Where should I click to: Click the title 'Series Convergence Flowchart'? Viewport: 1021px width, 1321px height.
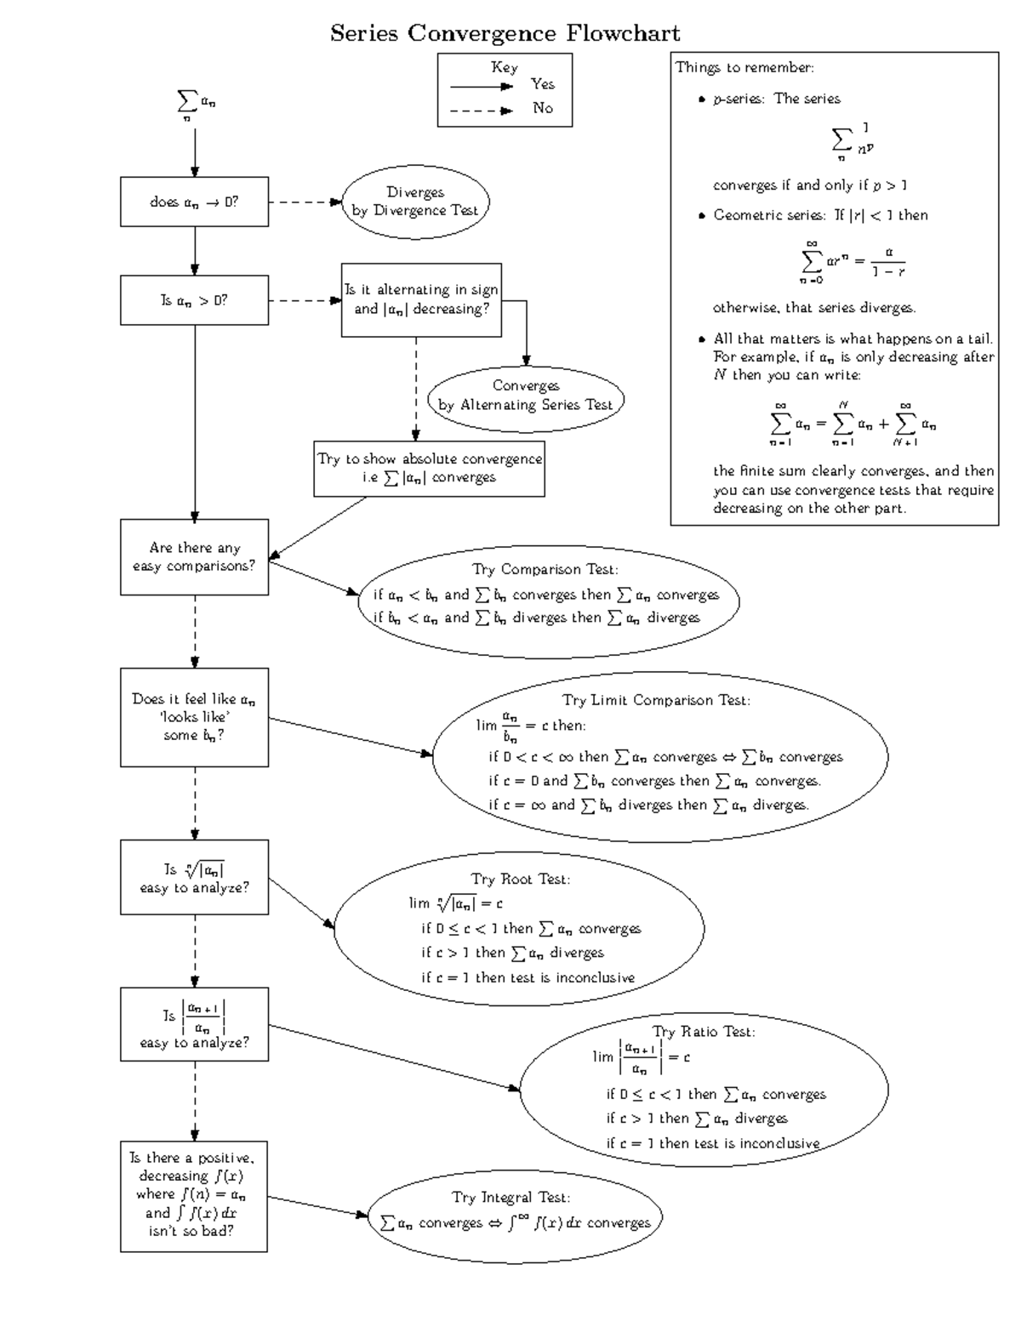point(505,34)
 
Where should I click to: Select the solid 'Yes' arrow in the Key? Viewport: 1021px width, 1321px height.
point(482,87)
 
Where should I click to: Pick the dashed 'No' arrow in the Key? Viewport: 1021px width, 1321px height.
point(482,111)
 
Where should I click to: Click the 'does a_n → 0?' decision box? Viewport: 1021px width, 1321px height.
point(194,202)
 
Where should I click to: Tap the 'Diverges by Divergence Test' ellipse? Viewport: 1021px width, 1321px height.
point(415,202)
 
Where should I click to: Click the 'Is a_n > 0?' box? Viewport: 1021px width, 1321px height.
point(194,300)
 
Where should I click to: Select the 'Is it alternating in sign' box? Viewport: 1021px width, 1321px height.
point(421,299)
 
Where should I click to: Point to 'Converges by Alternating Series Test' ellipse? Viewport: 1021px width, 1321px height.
point(526,396)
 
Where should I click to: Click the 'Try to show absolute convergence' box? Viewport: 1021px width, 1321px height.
point(429,468)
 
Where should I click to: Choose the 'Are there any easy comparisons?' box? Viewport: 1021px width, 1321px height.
point(194,557)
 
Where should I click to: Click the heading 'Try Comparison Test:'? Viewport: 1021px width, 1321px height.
point(545,569)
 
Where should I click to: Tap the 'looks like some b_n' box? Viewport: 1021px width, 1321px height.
point(194,717)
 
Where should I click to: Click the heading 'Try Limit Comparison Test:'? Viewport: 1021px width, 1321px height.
point(656,700)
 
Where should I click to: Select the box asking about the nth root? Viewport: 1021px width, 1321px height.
point(194,878)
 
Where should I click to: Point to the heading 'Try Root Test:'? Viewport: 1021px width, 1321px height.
point(521,879)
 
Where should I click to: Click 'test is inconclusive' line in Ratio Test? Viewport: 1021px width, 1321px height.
point(713,1143)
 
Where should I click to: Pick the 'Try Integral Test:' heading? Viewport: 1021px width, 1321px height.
point(510,1197)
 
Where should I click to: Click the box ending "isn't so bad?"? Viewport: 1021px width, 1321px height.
point(194,1196)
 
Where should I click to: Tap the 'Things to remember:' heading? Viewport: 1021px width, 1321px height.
point(744,68)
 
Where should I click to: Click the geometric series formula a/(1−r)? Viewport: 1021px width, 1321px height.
point(887,261)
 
